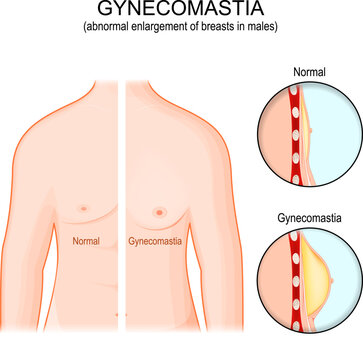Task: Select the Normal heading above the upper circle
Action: [306, 73]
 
